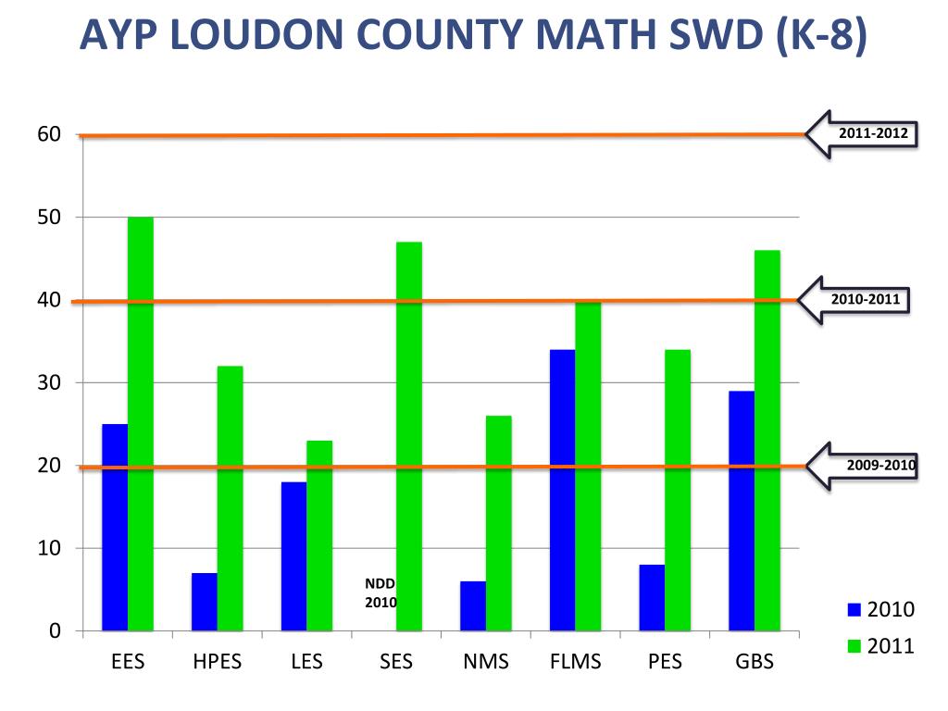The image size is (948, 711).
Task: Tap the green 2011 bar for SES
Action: pyautogui.click(x=409, y=436)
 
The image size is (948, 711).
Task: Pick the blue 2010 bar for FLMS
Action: pyautogui.click(x=562, y=490)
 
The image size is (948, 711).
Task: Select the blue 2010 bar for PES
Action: pyautogui.click(x=652, y=597)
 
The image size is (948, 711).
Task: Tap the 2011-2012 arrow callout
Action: pyautogui.click(x=862, y=134)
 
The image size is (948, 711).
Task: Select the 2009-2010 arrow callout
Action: pyautogui.click(x=862, y=465)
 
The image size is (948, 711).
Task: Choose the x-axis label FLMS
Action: pyautogui.click(x=575, y=662)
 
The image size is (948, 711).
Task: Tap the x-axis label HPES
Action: pyautogui.click(x=217, y=662)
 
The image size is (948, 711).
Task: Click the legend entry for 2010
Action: pyautogui.click(x=881, y=609)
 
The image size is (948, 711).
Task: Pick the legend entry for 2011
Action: pyautogui.click(x=881, y=645)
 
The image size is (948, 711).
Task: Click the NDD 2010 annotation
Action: pyautogui.click(x=380, y=593)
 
